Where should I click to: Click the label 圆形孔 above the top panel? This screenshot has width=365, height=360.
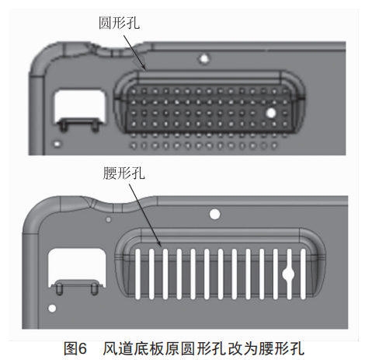coord(119,23)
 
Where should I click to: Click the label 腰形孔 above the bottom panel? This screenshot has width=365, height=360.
coord(123,173)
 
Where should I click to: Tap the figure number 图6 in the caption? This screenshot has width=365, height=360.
coord(75,348)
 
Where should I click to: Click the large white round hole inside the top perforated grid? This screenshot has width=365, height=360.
coord(271,113)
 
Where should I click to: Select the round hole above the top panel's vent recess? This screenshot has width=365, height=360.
coord(204,58)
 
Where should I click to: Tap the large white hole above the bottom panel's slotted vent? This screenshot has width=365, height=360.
coord(214,215)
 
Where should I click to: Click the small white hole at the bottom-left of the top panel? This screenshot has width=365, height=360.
coord(57,144)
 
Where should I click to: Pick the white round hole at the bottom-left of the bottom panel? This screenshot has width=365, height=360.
coord(52,309)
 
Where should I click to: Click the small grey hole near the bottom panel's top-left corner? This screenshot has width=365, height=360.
coord(109,219)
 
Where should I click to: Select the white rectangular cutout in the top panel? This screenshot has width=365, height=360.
coord(79,106)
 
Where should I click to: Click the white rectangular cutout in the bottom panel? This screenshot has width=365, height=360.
coord(77,267)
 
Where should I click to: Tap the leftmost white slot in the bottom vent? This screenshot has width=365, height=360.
coord(137,274)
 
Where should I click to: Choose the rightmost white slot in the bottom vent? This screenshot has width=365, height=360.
coord(303,274)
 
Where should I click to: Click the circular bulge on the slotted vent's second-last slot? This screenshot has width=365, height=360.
coord(289,274)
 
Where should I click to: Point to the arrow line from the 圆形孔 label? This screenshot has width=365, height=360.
coord(134,53)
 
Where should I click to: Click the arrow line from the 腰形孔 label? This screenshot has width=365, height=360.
coord(144,215)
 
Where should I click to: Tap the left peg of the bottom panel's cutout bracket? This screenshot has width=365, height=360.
coord(59,288)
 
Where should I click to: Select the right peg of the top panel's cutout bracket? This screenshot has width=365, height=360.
coord(96,127)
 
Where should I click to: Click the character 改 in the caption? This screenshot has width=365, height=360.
coord(235,348)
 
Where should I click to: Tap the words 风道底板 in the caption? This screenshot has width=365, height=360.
coord(134,348)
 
